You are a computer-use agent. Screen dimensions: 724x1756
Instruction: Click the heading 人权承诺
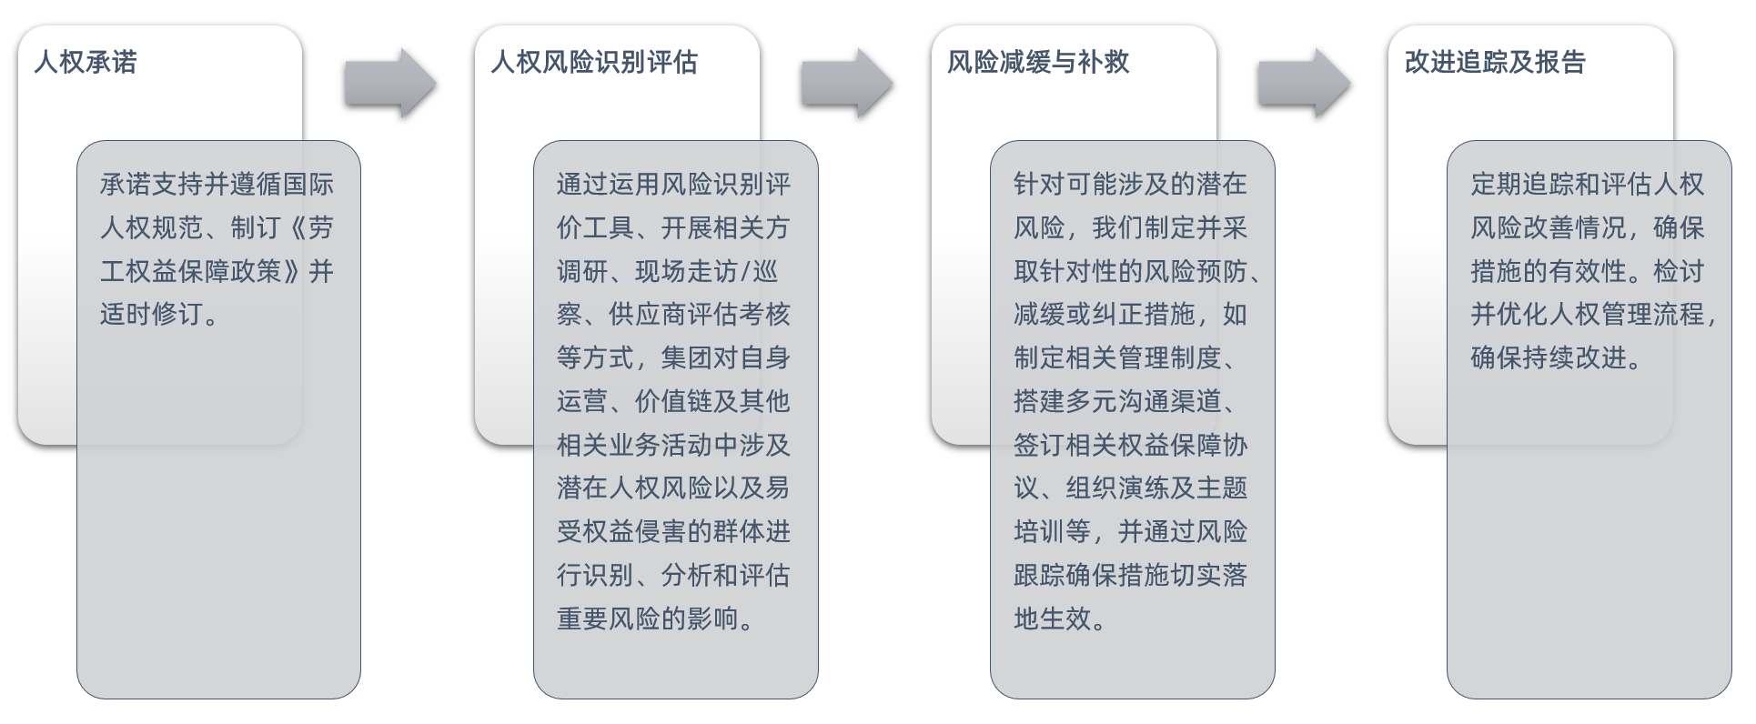tap(86, 62)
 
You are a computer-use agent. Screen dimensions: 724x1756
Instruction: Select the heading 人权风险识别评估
tap(593, 62)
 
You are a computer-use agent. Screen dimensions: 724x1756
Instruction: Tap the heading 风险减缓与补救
tap(1037, 62)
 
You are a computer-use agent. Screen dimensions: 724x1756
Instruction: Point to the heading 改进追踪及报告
tap(1494, 62)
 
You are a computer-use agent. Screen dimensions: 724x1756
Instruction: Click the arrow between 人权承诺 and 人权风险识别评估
tap(390, 83)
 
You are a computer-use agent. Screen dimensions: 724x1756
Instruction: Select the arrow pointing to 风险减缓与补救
tap(847, 83)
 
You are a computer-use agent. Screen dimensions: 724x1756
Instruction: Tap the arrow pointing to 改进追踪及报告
tap(1304, 83)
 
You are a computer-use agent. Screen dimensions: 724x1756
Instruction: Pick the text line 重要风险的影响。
tap(655, 619)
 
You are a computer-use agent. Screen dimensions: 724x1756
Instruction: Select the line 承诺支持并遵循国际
tap(217, 185)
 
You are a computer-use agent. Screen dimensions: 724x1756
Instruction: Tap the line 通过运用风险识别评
tap(673, 185)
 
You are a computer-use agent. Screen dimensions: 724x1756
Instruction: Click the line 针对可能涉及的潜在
tap(1130, 185)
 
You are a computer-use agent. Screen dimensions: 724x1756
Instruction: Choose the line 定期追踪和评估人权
tap(1587, 185)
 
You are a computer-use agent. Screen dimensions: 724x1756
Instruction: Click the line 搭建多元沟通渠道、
tap(1125, 402)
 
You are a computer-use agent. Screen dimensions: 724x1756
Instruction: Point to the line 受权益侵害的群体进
tap(673, 532)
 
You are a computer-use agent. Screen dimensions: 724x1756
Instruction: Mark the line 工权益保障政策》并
tap(217, 271)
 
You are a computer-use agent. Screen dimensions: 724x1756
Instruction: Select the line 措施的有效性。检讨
tap(1587, 271)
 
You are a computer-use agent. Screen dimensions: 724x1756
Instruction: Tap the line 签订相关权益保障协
tap(1130, 445)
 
